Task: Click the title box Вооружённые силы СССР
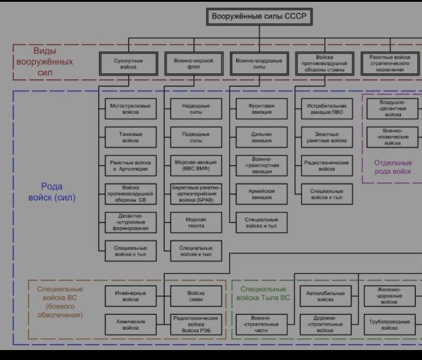pyautogui.click(x=258, y=17)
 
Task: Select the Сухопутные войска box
pyautogui.click(x=128, y=64)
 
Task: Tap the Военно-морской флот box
pyautogui.click(x=193, y=64)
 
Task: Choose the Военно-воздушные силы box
pyautogui.click(x=258, y=64)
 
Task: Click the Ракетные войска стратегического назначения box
pyautogui.click(x=390, y=64)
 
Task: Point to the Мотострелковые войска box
pyautogui.click(x=130, y=108)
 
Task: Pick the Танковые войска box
pyautogui.click(x=130, y=137)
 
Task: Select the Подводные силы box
pyautogui.click(x=196, y=137)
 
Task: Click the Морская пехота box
pyautogui.click(x=196, y=223)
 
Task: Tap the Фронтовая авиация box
pyautogui.click(x=261, y=108)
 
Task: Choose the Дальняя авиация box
pyautogui.click(x=261, y=137)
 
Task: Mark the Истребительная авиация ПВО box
pyautogui.click(x=326, y=108)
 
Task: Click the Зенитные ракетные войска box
pyautogui.click(x=326, y=137)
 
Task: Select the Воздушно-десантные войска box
pyautogui.click(x=393, y=108)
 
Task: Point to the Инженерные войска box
pyautogui.click(x=130, y=296)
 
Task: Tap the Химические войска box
pyautogui.click(x=130, y=324)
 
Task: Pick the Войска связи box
pyautogui.click(x=196, y=296)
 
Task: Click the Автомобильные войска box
pyautogui.click(x=325, y=296)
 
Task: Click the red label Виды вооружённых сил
pyautogui.click(x=45, y=62)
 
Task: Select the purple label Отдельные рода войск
pyautogui.click(x=393, y=167)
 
